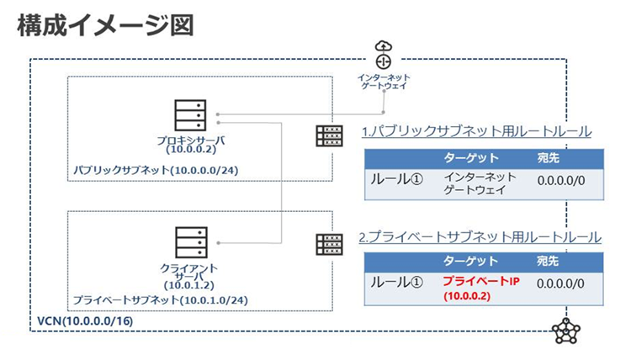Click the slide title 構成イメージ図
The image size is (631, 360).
click(105, 25)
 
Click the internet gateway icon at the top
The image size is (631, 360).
click(384, 55)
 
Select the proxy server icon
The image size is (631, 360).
click(188, 116)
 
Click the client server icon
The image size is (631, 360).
click(188, 243)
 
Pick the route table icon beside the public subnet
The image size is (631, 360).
click(329, 135)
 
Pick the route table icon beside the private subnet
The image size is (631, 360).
click(329, 244)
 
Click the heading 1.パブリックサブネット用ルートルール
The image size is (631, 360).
click(476, 132)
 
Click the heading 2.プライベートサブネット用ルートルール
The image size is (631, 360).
click(480, 237)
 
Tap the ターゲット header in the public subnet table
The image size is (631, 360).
click(470, 157)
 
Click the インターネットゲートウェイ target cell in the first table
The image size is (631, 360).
click(475, 184)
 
